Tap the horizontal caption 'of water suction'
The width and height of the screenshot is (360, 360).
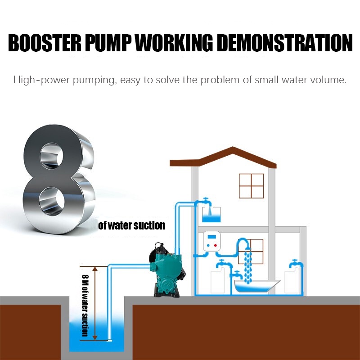[x=131, y=225]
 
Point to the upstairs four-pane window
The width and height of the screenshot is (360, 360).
[x=251, y=186]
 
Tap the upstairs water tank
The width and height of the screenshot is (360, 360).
[x=211, y=216]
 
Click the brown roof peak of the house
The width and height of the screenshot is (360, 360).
[x=233, y=150]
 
